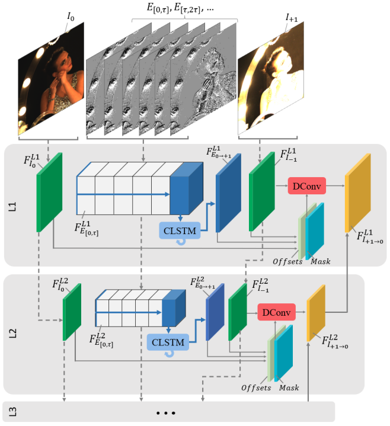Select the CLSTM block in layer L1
[x=180, y=228]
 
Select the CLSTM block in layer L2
[x=167, y=342]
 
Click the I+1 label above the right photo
[x=291, y=19]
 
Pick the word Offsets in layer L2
[x=256, y=387]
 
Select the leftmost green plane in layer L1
[x=49, y=191]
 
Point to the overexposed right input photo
[x=270, y=83]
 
